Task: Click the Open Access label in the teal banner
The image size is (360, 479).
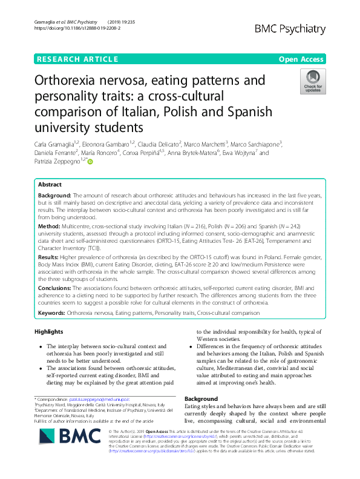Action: coord(301,59)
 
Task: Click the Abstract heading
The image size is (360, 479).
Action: coord(50,184)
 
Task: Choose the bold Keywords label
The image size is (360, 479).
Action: coord(52,313)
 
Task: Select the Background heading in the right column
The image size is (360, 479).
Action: coord(200,399)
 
